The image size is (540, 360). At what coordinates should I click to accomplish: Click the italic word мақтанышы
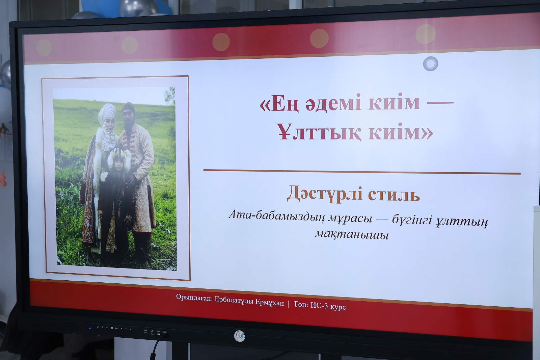pos(352,234)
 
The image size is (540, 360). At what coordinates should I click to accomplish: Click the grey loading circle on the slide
pos(430,64)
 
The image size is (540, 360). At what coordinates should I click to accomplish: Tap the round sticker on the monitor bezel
pos(239,335)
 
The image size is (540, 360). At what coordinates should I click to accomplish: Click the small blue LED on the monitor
pos(90,328)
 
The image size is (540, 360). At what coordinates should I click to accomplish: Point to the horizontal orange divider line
pos(362,172)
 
